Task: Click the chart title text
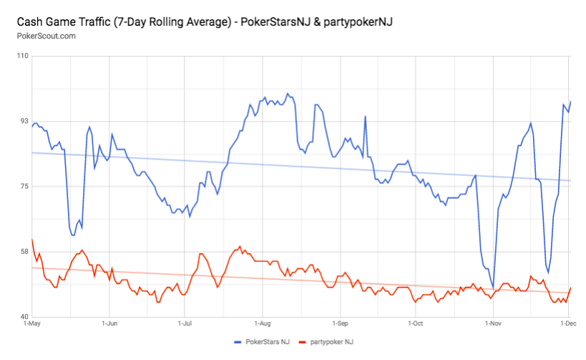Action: [x=203, y=22]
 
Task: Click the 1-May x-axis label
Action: [x=32, y=323]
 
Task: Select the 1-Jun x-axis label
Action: [x=109, y=323]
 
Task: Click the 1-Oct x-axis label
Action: [x=416, y=323]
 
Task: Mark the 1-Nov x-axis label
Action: [x=493, y=323]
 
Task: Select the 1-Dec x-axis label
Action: [x=567, y=323]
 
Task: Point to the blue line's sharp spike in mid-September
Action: [x=365, y=117]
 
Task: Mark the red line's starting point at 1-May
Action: [x=32, y=240]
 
